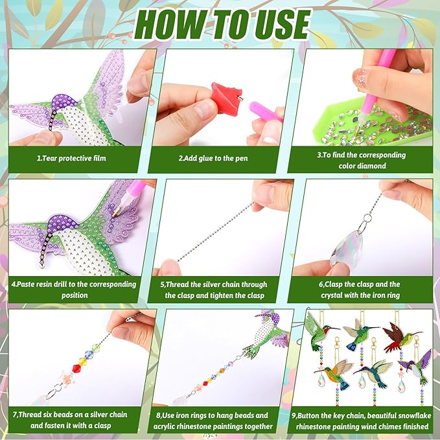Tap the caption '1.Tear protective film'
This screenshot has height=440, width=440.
(x=71, y=158)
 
